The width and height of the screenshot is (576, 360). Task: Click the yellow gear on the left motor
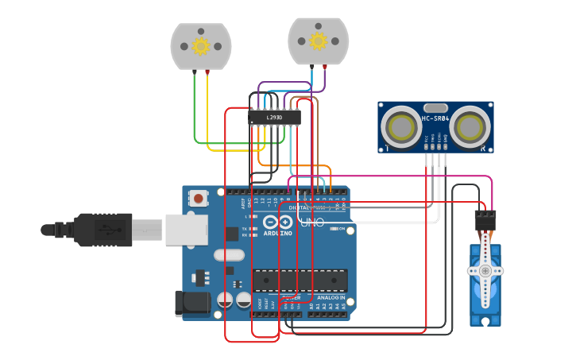click(x=200, y=46)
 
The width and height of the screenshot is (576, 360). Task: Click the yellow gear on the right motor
click(x=318, y=41)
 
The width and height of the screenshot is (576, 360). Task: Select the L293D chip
click(x=274, y=118)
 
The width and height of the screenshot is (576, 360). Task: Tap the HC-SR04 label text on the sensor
click(x=435, y=118)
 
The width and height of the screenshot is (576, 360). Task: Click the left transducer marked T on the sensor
click(x=399, y=126)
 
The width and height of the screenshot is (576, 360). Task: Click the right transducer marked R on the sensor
click(x=472, y=126)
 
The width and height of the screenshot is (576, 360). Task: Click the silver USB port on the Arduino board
click(x=186, y=230)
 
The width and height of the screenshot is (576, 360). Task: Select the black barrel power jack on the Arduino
click(x=191, y=303)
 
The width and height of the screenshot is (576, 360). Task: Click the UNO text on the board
click(x=313, y=223)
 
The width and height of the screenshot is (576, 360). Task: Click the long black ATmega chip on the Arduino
click(x=300, y=281)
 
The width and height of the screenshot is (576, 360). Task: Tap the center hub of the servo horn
click(x=485, y=271)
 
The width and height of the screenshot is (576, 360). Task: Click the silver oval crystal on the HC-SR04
click(x=435, y=107)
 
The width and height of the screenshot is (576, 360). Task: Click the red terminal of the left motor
click(x=207, y=72)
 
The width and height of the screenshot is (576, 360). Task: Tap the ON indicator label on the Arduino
click(x=340, y=229)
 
